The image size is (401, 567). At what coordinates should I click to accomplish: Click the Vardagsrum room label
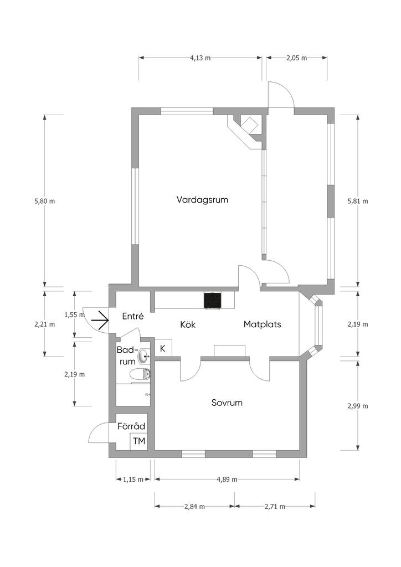click(x=202, y=200)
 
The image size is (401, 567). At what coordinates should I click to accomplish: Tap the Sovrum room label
click(x=227, y=403)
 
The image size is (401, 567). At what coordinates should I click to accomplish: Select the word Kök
click(x=188, y=324)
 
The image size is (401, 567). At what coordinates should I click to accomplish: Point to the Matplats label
click(x=262, y=324)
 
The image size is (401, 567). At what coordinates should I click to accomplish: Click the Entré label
click(x=133, y=316)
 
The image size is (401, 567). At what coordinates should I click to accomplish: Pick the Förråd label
click(x=131, y=426)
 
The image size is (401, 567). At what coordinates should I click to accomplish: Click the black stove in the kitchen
click(x=212, y=301)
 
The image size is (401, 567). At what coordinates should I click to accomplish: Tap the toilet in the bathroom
click(x=141, y=375)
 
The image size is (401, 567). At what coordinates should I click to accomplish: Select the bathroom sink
click(x=144, y=356)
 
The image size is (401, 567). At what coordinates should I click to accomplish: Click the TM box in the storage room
click(x=139, y=441)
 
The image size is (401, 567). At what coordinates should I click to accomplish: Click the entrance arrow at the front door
click(x=100, y=320)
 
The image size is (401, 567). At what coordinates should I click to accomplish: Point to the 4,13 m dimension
click(x=200, y=58)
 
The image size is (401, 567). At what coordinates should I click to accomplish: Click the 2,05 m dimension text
click(x=296, y=58)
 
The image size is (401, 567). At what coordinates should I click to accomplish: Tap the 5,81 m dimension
click(x=358, y=201)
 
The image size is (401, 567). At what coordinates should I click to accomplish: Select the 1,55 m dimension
click(x=74, y=315)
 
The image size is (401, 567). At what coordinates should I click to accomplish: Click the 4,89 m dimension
click(x=227, y=480)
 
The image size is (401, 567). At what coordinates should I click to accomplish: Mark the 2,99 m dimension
click(x=358, y=406)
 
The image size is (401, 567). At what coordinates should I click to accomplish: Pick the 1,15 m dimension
click(x=133, y=480)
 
